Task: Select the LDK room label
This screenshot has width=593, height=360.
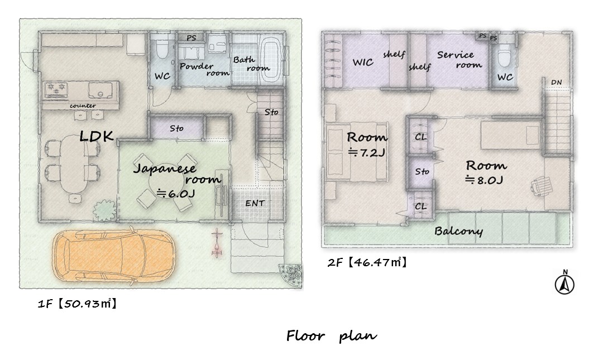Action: tap(97, 136)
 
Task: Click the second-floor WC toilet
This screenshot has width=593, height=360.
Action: tap(505, 56)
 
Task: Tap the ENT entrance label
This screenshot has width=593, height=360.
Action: tap(255, 204)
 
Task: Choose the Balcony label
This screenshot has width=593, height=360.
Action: tap(458, 231)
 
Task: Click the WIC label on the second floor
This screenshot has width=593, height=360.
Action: tap(363, 63)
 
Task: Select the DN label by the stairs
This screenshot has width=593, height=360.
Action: tap(556, 82)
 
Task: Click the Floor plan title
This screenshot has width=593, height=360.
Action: tap(331, 336)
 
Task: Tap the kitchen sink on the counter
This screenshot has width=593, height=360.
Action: tap(100, 90)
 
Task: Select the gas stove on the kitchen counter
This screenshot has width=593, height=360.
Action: tap(56, 90)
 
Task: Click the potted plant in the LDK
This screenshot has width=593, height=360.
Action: tap(104, 210)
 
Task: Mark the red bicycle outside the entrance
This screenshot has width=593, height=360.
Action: tap(217, 243)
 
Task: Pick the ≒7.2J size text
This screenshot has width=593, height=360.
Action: tap(367, 153)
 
